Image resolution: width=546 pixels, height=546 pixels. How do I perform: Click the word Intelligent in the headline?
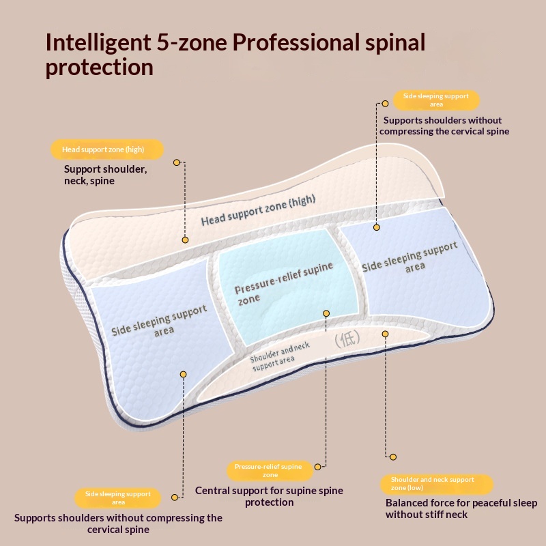tap(98, 42)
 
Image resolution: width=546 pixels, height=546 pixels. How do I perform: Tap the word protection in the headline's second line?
tap(100, 67)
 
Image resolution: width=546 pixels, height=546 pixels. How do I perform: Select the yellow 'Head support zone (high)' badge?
tap(107, 149)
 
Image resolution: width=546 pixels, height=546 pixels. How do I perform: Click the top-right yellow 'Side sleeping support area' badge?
tap(436, 100)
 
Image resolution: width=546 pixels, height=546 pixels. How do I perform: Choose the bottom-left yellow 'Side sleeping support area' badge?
tap(117, 498)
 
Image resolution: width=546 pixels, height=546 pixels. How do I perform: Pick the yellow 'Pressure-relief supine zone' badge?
tap(269, 470)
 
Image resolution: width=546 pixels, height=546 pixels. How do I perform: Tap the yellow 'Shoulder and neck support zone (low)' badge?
tap(437, 484)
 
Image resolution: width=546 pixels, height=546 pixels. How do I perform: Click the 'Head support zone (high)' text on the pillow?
tap(259, 210)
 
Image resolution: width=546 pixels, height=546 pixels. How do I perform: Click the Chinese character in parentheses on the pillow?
tap(347, 339)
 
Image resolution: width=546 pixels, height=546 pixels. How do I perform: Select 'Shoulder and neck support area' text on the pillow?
tap(280, 356)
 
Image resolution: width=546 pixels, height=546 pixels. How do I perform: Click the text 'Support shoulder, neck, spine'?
tap(106, 175)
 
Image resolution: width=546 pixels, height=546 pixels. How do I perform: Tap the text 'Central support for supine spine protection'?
tap(269, 496)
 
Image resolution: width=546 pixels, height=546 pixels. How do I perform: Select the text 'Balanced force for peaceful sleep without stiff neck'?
tap(461, 508)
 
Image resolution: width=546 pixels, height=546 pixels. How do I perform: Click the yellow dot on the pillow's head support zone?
tap(185, 240)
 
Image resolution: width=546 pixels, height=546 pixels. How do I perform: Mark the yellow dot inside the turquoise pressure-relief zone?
tap(326, 313)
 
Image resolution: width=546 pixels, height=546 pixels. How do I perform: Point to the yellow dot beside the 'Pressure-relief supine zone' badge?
tap(317, 467)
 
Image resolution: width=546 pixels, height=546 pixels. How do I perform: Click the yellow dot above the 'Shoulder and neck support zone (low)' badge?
tap(393, 457)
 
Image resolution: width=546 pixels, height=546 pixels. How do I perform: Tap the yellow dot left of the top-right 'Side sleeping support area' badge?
tap(385, 104)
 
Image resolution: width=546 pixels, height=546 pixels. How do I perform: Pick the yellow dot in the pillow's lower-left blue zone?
tap(183, 374)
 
